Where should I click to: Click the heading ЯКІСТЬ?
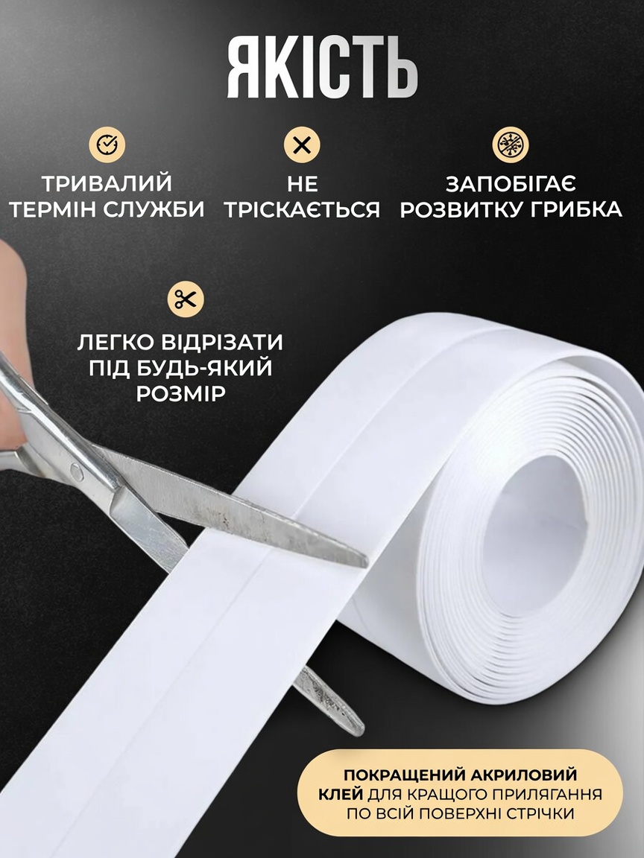(323, 69)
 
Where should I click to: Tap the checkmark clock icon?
(107, 144)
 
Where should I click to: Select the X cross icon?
(302, 145)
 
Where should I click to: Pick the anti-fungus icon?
(511, 145)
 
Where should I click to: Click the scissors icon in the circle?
(186, 299)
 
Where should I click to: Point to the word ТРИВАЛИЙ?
(107, 183)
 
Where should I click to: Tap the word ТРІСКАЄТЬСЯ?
(302, 209)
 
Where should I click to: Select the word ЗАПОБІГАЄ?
(511, 184)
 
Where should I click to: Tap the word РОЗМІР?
(180, 393)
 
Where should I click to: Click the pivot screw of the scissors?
(78, 471)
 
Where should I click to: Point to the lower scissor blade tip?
(359, 731)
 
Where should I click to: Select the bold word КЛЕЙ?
(340, 794)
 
